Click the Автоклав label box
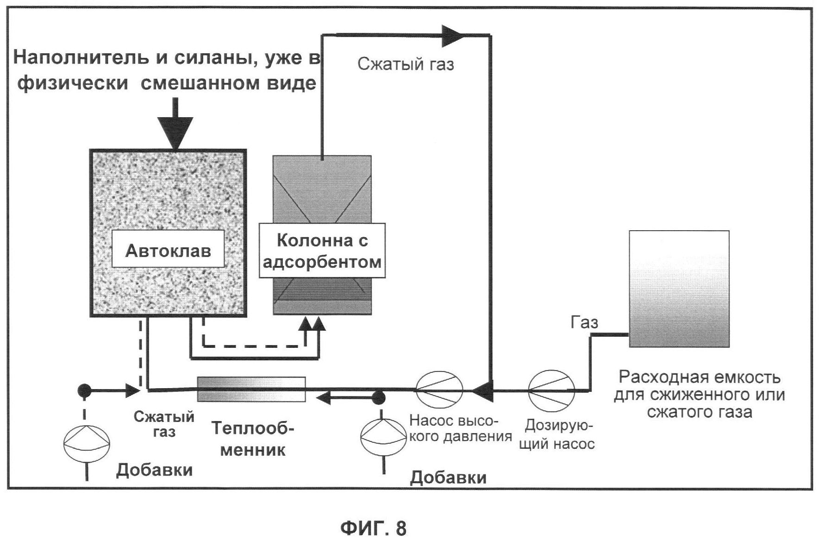point(168,251)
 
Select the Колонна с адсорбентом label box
point(322,251)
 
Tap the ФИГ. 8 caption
point(373,528)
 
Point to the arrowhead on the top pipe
point(452,35)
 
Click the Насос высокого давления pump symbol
point(439,390)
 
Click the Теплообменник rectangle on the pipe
point(251,389)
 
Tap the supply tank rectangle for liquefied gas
point(679,289)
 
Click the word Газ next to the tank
point(584,322)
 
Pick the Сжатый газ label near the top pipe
point(406,64)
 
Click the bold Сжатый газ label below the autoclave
point(164,424)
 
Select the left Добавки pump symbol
point(87,444)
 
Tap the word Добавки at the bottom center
point(448,478)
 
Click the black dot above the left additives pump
point(84,390)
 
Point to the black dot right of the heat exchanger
point(379,397)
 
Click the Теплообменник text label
point(253,438)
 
